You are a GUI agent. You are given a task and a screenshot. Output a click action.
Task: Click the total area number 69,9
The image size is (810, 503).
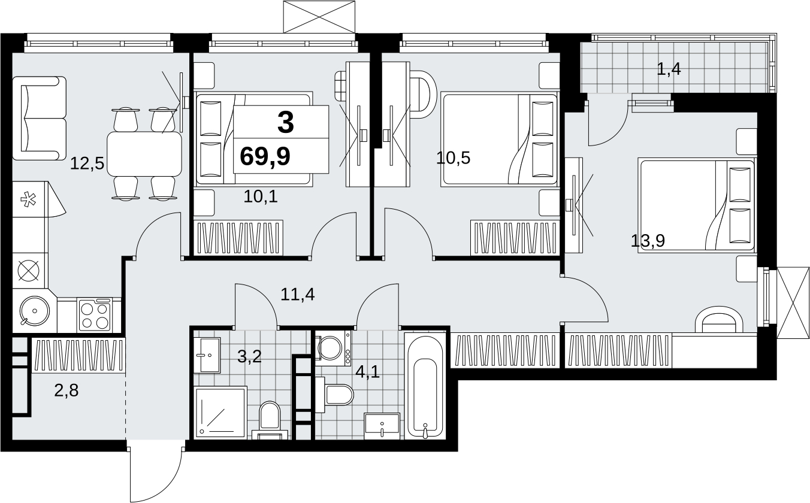[265, 157]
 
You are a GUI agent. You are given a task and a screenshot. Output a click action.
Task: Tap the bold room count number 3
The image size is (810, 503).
[286, 123]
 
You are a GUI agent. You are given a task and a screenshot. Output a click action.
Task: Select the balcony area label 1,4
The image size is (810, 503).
[669, 69]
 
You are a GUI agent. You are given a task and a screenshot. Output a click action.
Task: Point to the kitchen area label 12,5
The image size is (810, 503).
[87, 163]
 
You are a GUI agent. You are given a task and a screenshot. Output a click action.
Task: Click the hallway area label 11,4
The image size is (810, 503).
[298, 295]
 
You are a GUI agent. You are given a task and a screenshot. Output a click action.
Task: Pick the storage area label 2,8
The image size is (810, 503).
[67, 390]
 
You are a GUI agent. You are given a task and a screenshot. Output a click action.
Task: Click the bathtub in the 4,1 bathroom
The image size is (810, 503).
[425, 386]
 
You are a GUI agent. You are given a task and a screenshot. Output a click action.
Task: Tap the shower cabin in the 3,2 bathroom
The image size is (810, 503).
[220, 413]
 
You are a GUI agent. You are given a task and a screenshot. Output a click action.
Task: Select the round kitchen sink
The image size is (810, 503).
[34, 311]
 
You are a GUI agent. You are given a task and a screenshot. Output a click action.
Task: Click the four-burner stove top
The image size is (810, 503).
[95, 315]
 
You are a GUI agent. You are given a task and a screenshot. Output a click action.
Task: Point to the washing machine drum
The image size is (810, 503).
[330, 348]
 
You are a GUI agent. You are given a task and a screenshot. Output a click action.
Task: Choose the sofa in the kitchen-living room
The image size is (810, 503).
[40, 118]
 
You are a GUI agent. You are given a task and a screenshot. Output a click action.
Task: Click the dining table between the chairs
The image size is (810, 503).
[144, 154]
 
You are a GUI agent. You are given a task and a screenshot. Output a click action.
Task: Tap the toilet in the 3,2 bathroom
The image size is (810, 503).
[270, 420]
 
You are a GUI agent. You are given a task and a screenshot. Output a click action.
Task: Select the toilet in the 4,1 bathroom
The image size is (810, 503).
[334, 395]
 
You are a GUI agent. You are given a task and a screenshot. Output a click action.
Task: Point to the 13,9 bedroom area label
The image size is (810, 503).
[648, 241]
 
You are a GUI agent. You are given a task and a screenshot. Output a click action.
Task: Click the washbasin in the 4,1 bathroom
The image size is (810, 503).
[382, 426]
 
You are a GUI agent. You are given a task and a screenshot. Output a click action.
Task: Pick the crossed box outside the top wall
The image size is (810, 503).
[319, 17]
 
